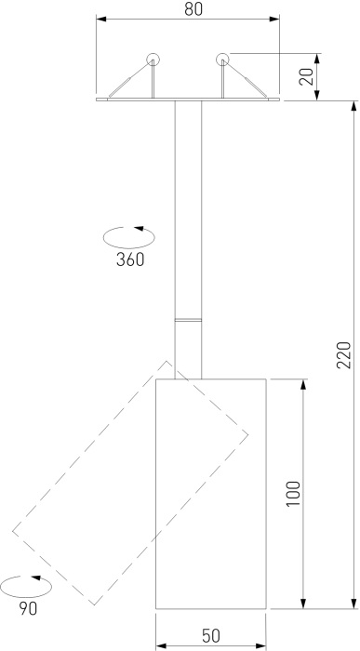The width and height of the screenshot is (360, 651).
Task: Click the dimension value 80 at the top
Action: (x=193, y=9)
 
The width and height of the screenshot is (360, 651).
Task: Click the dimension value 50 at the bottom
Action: (x=210, y=635)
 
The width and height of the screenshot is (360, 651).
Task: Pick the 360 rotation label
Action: (x=130, y=259)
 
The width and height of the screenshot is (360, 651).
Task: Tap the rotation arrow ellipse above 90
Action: (x=25, y=587)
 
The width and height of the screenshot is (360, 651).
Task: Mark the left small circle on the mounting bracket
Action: (x=153, y=61)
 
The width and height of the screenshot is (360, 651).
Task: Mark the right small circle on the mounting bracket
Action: (x=222, y=61)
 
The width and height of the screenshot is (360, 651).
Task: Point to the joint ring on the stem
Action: (x=188, y=321)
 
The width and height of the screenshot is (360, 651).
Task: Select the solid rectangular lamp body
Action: (x=210, y=493)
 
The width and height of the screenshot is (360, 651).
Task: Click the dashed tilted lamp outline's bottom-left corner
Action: (x=14, y=531)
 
